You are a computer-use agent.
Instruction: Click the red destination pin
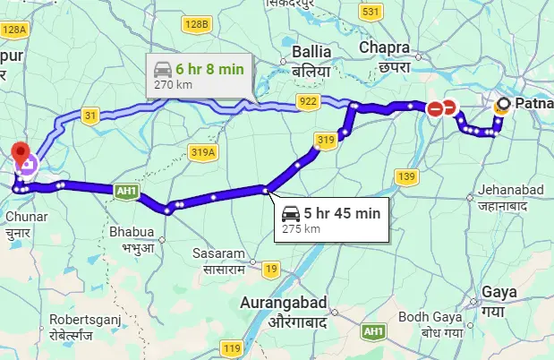(x=21, y=151)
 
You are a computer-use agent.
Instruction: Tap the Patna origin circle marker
(x=504, y=105)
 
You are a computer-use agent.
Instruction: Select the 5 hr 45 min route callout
(x=332, y=219)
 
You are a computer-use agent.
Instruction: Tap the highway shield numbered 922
(x=308, y=101)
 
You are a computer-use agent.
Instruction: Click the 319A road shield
(x=203, y=153)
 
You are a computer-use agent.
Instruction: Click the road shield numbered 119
(x=233, y=348)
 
